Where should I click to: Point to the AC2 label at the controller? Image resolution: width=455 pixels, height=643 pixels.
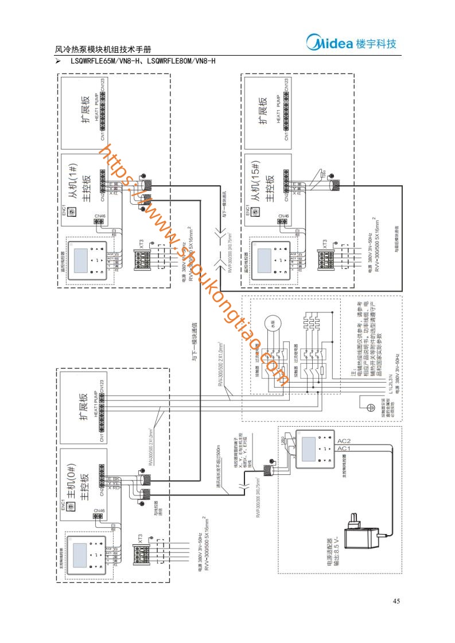coord(344,441)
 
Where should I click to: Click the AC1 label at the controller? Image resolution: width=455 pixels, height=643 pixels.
coord(344,448)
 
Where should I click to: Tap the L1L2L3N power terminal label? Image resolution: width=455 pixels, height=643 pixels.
coord(390,378)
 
